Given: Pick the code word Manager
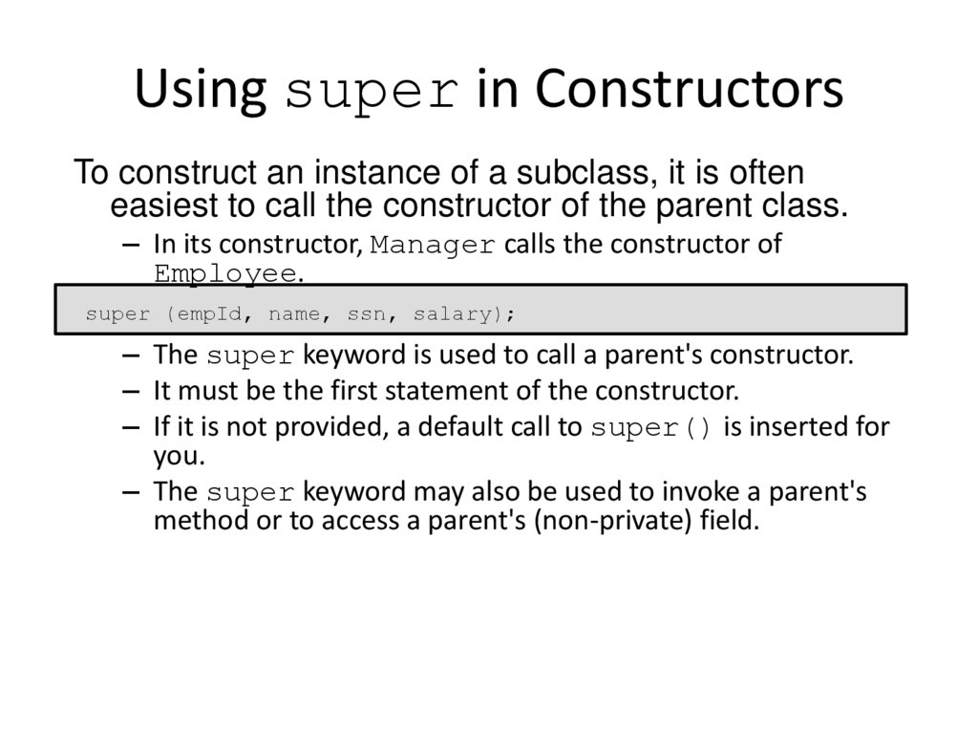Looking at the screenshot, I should pyautogui.click(x=433, y=246).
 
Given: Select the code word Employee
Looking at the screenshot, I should pyautogui.click(x=225, y=273).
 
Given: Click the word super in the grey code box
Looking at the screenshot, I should pyautogui.click(x=117, y=313).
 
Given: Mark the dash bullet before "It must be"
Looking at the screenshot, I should pyautogui.click(x=131, y=391).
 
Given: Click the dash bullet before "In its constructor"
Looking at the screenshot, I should pyautogui.click(x=131, y=245).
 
